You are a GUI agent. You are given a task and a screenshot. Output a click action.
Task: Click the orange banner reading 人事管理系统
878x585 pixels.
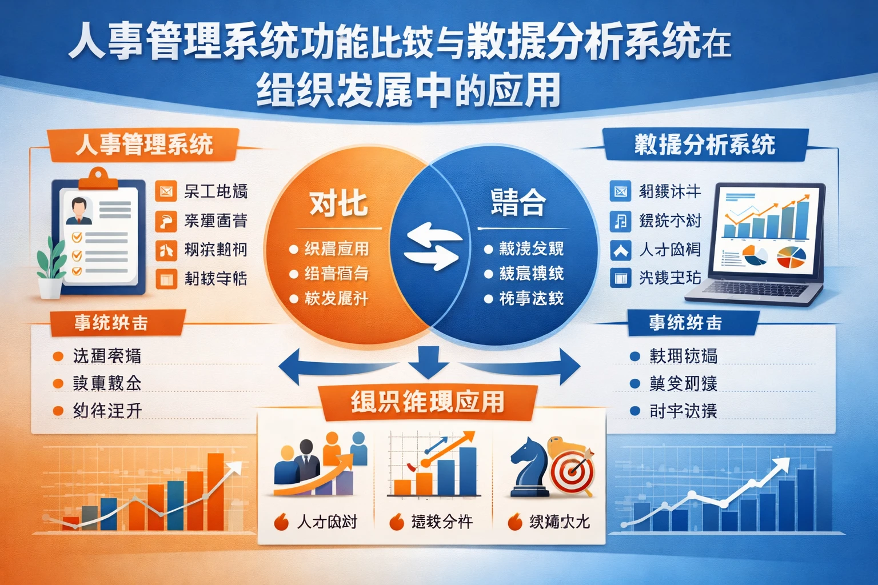point(143,144)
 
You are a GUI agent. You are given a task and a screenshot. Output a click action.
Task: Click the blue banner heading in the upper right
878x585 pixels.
point(704,144)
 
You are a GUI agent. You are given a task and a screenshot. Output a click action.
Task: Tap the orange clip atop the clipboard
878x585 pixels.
point(98,178)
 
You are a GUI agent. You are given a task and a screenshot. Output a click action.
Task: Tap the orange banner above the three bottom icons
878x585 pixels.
point(428,402)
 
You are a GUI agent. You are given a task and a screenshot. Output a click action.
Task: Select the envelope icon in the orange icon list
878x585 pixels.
point(166,191)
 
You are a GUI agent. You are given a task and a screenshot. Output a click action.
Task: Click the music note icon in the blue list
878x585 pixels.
point(620,221)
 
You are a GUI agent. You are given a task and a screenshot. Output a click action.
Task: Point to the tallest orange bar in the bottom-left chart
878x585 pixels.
point(215,491)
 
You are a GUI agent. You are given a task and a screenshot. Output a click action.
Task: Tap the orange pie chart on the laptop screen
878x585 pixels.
point(792,258)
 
